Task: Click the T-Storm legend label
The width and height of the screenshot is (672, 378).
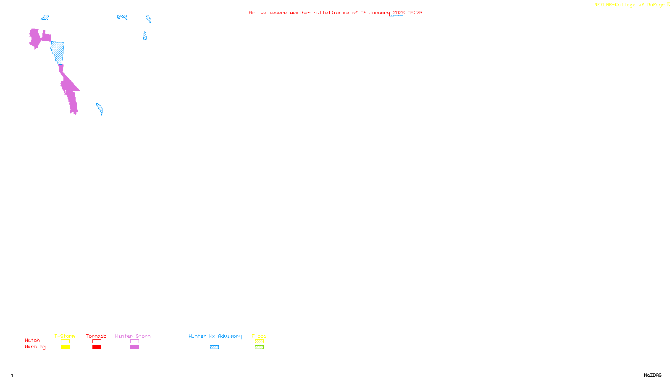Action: click(65, 336)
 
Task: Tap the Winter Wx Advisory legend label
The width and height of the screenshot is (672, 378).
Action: click(215, 336)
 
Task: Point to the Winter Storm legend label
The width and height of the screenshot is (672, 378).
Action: click(133, 336)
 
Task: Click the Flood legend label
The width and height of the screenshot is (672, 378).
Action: click(259, 336)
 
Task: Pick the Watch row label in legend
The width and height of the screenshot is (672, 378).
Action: click(32, 341)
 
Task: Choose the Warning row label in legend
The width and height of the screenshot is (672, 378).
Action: click(35, 347)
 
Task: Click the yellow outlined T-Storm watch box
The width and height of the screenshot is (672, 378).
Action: click(65, 341)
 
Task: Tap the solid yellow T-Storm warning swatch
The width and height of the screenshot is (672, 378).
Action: click(65, 347)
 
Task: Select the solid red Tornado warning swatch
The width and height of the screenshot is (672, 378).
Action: click(97, 347)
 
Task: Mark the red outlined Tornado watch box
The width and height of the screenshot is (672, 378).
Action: click(97, 341)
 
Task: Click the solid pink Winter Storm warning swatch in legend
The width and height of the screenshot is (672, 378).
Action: click(134, 347)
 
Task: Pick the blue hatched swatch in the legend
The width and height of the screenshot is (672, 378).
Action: click(214, 347)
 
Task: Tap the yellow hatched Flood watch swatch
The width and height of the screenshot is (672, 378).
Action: click(259, 341)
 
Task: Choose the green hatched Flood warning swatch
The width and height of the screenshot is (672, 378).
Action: click(259, 347)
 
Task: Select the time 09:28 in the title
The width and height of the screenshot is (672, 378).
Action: click(415, 13)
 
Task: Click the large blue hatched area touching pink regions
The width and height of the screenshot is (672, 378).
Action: click(58, 51)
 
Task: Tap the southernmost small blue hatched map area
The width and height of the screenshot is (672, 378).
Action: click(100, 109)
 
